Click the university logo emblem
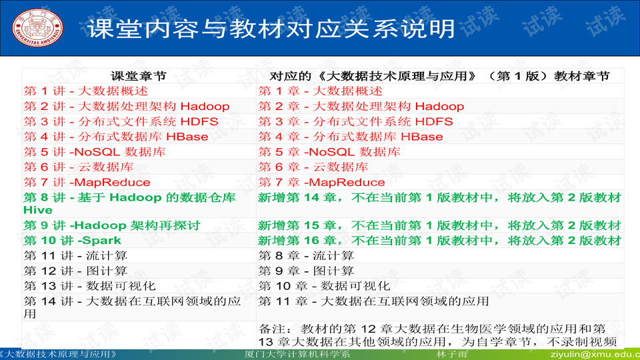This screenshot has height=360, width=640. coord(34,27)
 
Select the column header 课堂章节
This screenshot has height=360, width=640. coord(138,76)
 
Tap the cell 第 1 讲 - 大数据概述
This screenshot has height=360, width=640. coord(86,91)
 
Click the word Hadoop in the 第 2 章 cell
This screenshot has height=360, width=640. coord(439,107)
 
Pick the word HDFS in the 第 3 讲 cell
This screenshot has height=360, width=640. coord(199,122)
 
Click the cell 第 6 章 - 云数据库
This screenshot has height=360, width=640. coord(313,167)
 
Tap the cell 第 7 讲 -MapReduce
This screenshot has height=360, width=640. coord(87,183)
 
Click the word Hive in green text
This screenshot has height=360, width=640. coord(38,210)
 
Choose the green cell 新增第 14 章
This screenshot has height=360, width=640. coord(439,198)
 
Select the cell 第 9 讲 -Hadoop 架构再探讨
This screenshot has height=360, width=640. coord(112,226)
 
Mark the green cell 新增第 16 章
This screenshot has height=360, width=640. coord(439,241)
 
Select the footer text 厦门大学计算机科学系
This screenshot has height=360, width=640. coord(297,355)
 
